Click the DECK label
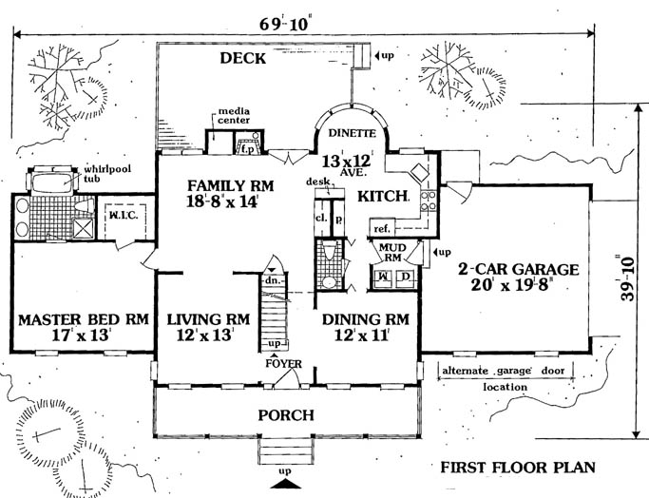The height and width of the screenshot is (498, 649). coord(243,59)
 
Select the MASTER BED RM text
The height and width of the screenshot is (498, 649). coord(84,320)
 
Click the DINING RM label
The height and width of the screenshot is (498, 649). coord(365,320)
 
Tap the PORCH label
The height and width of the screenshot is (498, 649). coord(286,416)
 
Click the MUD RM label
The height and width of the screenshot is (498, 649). coord(392,252)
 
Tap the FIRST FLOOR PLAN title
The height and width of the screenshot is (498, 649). coord(517,468)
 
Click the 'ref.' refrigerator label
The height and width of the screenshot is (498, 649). coord(382,229)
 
